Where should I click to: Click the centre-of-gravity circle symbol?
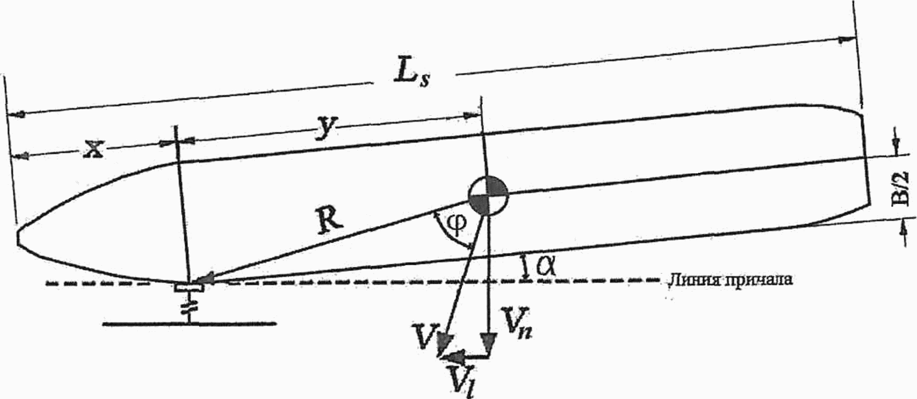[x=488, y=196]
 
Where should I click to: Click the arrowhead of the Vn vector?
[x=489, y=346]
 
